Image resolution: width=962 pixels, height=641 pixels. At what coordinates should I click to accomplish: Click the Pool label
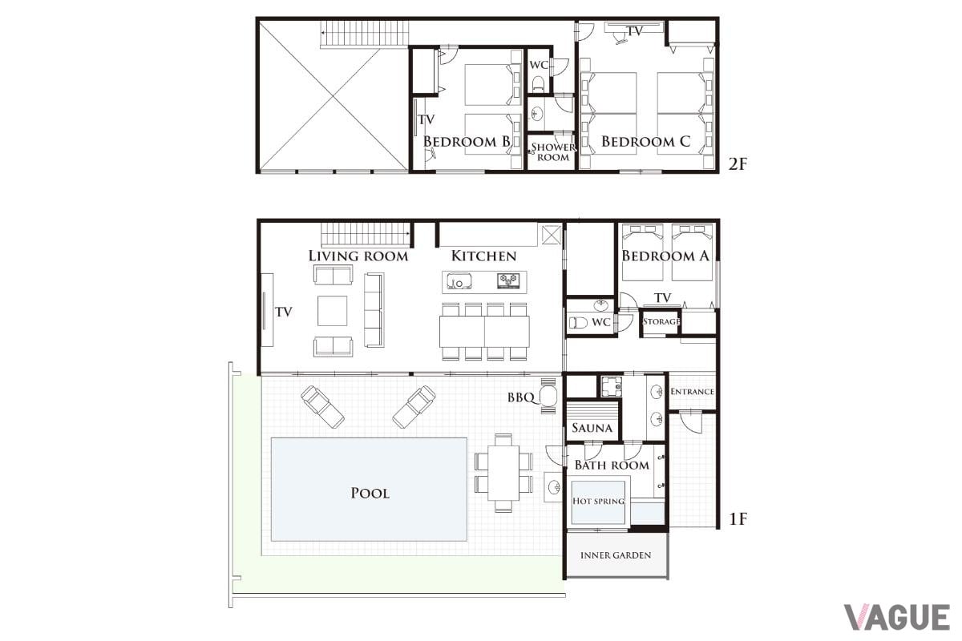[370, 493]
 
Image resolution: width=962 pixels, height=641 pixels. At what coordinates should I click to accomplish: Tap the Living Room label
[358, 256]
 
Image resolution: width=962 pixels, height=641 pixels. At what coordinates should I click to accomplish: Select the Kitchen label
[483, 256]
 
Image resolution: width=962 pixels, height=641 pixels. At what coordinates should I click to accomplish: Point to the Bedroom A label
[665, 256]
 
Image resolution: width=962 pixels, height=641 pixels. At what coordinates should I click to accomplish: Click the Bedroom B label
[467, 141]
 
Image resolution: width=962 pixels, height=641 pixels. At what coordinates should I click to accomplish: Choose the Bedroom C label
[645, 141]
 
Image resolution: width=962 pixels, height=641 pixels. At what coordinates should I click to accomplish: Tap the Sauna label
[592, 428]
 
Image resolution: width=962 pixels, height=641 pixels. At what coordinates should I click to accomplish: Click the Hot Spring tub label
[598, 501]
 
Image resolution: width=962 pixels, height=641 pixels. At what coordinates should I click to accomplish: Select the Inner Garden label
[616, 555]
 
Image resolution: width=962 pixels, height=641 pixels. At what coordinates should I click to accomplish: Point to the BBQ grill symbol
[548, 396]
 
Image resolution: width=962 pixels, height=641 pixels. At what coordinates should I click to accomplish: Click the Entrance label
[692, 392]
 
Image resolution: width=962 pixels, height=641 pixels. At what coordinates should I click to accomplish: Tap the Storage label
[661, 321]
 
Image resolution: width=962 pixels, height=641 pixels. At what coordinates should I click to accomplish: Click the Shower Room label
[553, 152]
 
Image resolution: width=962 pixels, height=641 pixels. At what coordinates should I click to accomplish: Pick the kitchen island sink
[459, 281]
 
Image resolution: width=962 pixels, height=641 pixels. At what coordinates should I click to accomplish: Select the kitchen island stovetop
[508, 280]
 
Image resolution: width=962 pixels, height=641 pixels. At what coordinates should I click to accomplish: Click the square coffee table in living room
[333, 310]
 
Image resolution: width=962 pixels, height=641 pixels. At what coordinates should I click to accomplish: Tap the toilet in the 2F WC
[539, 83]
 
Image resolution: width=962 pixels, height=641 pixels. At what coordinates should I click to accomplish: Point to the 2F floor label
[738, 164]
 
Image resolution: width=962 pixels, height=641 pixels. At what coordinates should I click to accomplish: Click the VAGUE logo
[897, 617]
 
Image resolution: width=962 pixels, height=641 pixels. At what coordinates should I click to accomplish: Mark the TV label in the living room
[284, 312]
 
